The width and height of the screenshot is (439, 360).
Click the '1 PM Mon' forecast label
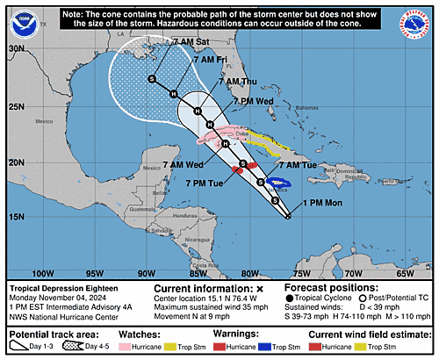tap(327, 203)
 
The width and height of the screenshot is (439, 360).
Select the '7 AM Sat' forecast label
tap(166, 42)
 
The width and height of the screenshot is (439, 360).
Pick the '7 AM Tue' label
tap(297, 165)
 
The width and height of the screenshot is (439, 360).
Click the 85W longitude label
tap(198, 273)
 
